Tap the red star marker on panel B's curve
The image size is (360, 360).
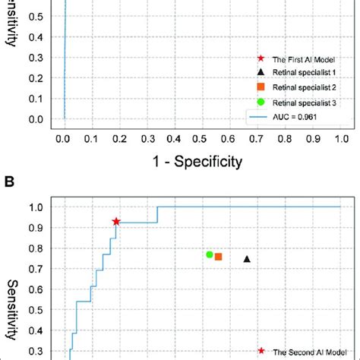pyautogui.click(x=116, y=221)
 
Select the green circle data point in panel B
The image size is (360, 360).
pyautogui.click(x=210, y=254)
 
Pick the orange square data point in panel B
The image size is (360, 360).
pyautogui.click(x=219, y=257)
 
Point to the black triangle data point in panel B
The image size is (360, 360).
pyautogui.click(x=247, y=259)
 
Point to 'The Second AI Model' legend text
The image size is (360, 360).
pyautogui.click(x=310, y=352)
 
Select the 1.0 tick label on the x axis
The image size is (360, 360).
pyautogui.click(x=340, y=138)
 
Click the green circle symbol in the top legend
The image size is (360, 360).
pyautogui.click(x=261, y=102)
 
